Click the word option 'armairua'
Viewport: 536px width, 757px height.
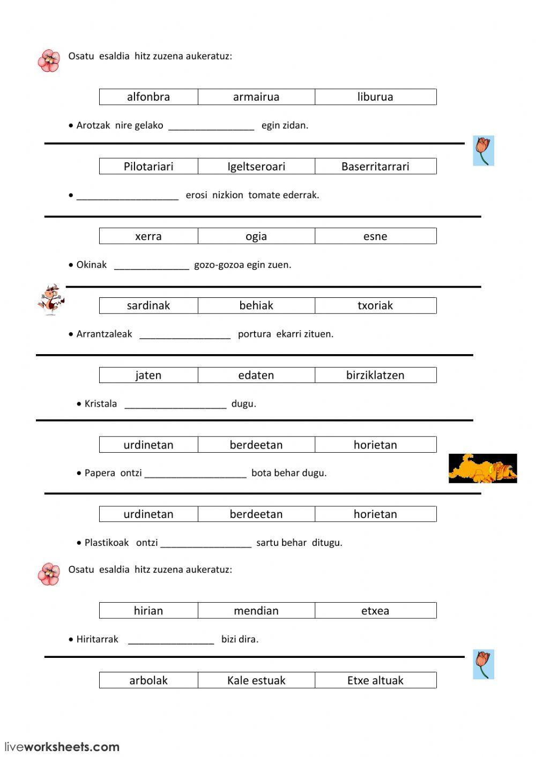(256, 97)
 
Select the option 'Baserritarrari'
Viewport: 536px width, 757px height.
(375, 167)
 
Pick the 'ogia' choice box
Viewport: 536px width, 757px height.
(256, 236)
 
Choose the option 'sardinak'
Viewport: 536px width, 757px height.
(148, 305)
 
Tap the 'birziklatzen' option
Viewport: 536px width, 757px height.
(375, 375)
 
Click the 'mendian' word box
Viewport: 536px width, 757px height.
(256, 611)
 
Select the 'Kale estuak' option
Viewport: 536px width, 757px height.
(256, 680)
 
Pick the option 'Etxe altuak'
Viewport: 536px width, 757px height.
(375, 680)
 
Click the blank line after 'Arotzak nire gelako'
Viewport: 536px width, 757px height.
(211, 126)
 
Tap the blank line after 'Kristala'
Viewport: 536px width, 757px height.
(175, 404)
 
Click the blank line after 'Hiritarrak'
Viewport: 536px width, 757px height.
(171, 640)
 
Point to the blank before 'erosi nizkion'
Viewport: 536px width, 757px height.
(128, 196)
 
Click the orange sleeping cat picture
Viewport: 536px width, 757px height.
(482, 468)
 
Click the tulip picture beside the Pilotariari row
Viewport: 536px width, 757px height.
(483, 151)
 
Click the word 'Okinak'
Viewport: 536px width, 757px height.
(92, 265)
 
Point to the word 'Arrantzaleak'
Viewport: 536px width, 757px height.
(104, 334)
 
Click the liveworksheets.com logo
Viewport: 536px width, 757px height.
(62, 746)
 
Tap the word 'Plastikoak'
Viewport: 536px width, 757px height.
(107, 543)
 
